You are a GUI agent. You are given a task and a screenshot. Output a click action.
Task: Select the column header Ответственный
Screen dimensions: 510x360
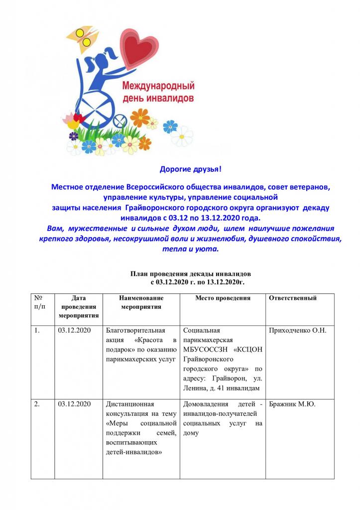click(x=293, y=298)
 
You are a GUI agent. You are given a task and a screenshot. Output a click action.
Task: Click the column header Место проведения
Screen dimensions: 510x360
click(x=223, y=298)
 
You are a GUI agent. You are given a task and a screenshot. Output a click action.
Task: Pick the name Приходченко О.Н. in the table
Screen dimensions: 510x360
click(x=297, y=330)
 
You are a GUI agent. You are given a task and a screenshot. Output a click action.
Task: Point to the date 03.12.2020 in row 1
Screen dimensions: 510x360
click(x=74, y=330)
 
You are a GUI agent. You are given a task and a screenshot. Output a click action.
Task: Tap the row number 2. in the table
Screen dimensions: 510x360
click(x=37, y=404)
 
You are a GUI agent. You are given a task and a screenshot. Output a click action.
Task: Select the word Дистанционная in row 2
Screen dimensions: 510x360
click(x=130, y=404)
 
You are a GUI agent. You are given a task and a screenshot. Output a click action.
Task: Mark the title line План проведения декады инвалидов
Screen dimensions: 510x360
click(x=191, y=274)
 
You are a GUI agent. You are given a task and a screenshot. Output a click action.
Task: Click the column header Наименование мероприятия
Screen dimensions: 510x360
click(x=141, y=302)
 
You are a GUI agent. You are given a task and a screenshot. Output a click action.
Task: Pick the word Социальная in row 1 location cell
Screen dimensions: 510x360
click(x=202, y=330)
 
